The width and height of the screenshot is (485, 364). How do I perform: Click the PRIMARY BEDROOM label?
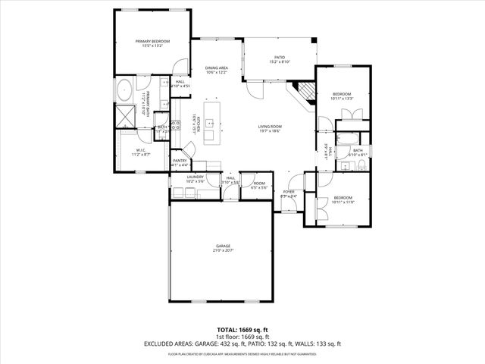tap(152, 43)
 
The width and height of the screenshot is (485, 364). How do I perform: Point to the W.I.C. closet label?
tap(142, 152)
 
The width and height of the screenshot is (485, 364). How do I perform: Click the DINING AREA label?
tap(217, 70)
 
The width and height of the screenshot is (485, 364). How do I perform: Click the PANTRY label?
tap(180, 162)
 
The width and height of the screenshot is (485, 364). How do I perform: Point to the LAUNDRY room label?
tap(196, 180)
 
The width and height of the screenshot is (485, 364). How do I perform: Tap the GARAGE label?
tap(222, 248)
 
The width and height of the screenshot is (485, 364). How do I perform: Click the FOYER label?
tap(289, 193)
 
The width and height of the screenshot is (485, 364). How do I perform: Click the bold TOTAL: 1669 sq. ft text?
tap(242, 330)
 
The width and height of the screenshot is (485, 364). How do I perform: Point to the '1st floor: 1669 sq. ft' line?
tap(242, 337)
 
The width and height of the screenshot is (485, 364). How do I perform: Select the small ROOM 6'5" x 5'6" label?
tap(259, 184)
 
